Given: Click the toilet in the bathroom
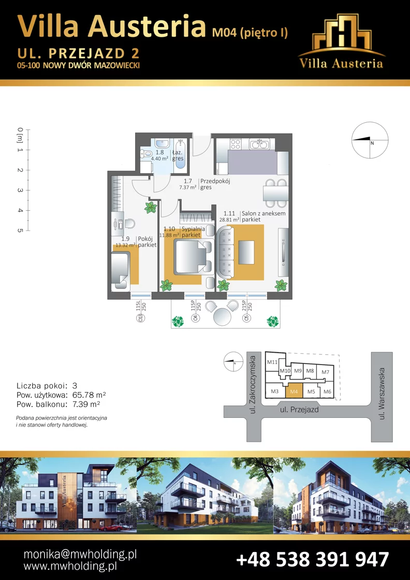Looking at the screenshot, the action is click(x=147, y=155).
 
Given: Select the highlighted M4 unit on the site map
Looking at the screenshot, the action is click(x=294, y=390).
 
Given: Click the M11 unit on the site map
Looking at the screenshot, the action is click(x=272, y=362).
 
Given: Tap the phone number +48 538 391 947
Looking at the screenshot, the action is click(x=312, y=559).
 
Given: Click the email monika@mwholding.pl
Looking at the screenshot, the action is click(x=80, y=554).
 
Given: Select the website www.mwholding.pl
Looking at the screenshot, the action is click(x=70, y=566).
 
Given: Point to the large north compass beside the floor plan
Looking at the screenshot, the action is click(x=370, y=140).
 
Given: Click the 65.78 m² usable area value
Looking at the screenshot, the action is click(x=89, y=395).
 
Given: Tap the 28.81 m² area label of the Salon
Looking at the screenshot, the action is click(x=229, y=220).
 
